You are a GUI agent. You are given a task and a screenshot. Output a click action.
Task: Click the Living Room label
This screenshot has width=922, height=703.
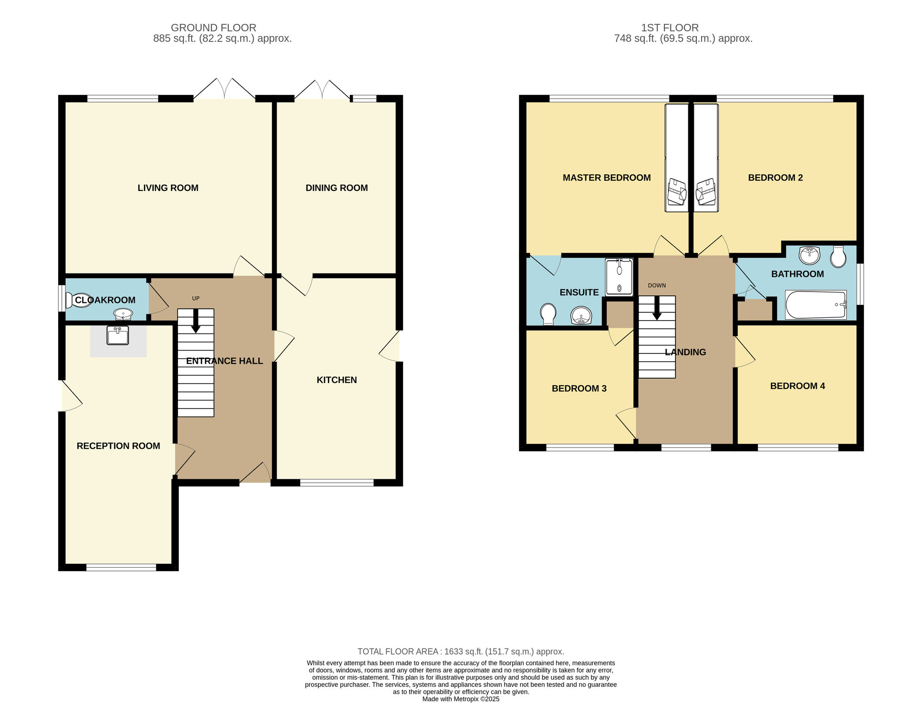pos(168,188)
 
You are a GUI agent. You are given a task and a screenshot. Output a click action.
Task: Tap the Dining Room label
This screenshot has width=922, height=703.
pos(337,188)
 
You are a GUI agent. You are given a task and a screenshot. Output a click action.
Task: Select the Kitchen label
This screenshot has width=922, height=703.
pos(337,380)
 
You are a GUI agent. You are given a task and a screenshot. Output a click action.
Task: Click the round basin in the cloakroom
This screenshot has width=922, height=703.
pos(123,314)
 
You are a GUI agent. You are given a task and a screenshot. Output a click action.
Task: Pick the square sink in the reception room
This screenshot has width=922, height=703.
pos(118,335)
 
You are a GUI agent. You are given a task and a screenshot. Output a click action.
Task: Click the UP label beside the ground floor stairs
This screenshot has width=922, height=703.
pos(196,298)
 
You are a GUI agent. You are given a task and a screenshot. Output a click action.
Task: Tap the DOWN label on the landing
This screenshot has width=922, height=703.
pos(657,286)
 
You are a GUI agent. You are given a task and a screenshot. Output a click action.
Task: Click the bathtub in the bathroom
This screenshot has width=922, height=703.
pos(816,304)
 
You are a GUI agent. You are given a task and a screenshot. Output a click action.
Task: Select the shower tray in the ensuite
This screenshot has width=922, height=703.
pos(619,277)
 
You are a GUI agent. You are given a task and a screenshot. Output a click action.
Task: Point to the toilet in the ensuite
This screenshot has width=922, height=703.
pos(548,314)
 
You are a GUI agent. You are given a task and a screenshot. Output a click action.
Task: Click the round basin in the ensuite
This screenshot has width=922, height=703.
pos(581,316)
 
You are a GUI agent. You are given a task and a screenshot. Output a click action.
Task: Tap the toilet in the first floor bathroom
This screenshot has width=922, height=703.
pos(838,257)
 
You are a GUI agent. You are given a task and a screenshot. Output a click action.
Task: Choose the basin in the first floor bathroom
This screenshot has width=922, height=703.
pos(810,255)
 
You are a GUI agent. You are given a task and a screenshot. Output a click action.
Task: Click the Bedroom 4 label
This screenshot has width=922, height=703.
pos(798,386)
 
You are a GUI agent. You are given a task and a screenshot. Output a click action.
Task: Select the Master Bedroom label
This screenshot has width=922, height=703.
pos(607,178)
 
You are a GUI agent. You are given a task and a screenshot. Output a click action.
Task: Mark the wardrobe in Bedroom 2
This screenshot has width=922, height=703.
pos(706,158)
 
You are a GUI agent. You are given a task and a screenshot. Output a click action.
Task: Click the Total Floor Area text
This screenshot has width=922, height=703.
pos(461,651)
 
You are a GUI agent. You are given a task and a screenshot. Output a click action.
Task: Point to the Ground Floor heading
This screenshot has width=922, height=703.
pos(213,28)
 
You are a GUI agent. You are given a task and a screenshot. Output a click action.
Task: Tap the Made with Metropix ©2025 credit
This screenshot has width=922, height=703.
pos(461,699)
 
